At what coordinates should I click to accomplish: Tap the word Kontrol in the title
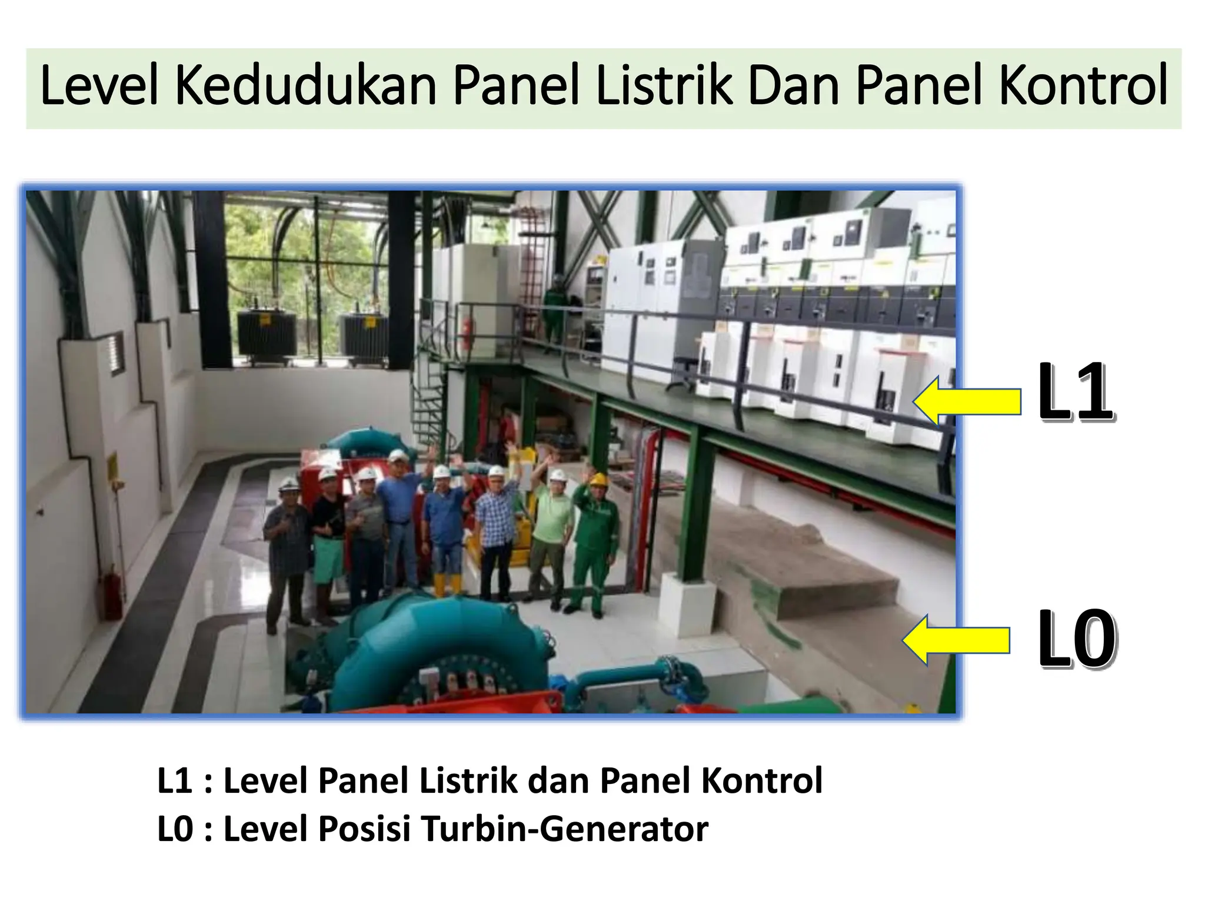point(1083,87)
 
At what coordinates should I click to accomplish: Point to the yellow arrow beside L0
point(957,640)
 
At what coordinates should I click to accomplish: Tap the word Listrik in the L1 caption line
point(467,781)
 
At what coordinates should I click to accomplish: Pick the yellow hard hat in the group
point(598,478)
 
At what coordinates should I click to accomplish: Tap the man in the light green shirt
point(553,530)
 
